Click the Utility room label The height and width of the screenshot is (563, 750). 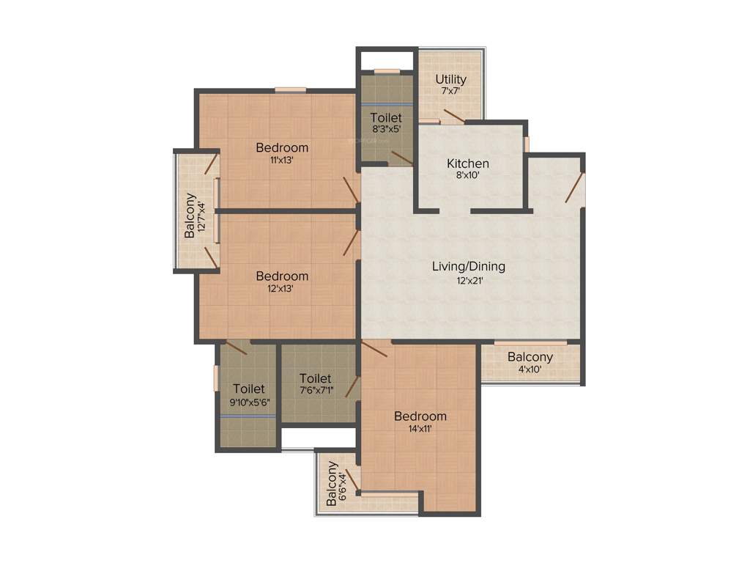pyautogui.click(x=451, y=79)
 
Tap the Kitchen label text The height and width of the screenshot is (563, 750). pyautogui.click(x=468, y=163)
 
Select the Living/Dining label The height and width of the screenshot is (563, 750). pyautogui.click(x=468, y=266)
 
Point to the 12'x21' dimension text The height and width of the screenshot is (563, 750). pyautogui.click(x=468, y=279)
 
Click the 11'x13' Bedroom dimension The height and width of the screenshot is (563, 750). pyautogui.click(x=282, y=160)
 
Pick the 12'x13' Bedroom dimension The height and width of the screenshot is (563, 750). pyautogui.click(x=282, y=289)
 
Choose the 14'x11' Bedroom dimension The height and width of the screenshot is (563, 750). pyautogui.click(x=420, y=429)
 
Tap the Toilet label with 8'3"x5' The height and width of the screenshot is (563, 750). pyautogui.click(x=385, y=117)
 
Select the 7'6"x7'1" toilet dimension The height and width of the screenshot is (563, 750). pyautogui.click(x=315, y=391)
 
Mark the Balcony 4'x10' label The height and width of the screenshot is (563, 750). pyautogui.click(x=530, y=357)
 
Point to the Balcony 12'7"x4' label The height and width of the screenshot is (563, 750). pyautogui.click(x=190, y=215)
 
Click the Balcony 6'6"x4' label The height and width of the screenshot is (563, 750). pyautogui.click(x=333, y=483)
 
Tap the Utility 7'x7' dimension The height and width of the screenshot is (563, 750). pyautogui.click(x=451, y=92)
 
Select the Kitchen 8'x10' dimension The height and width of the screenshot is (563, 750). pyautogui.click(x=468, y=176)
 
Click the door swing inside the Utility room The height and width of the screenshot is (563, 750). pyautogui.click(x=453, y=116)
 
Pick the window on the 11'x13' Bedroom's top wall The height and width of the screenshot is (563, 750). pyautogui.click(x=291, y=90)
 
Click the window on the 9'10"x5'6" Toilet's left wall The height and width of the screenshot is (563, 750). pyautogui.click(x=216, y=378)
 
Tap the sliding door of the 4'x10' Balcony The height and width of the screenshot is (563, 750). pyautogui.click(x=530, y=342)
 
